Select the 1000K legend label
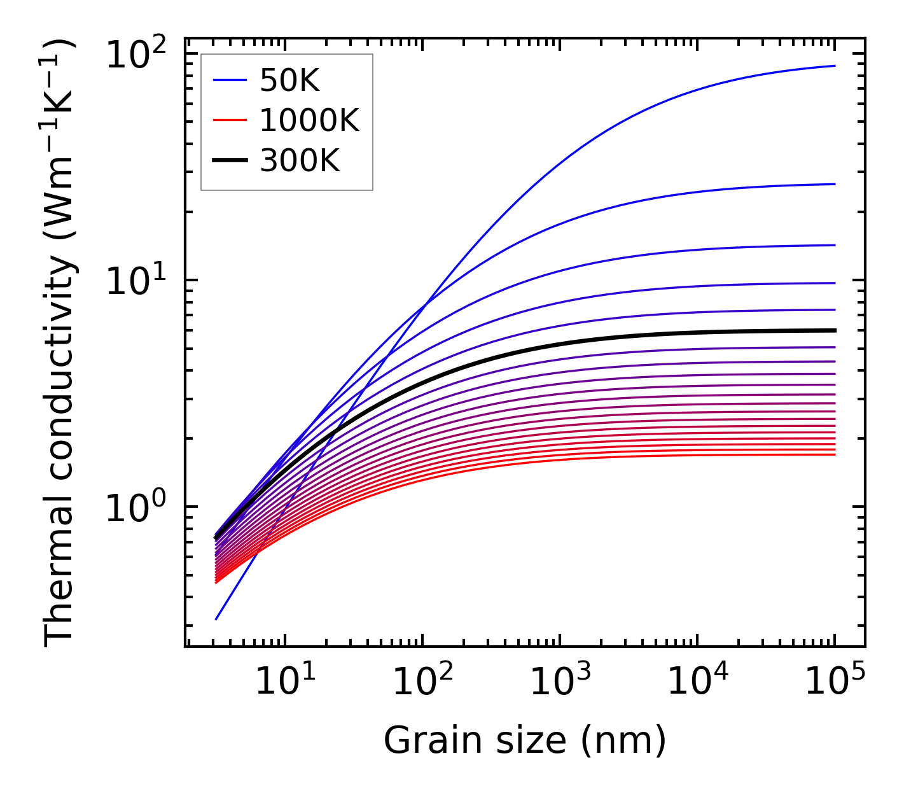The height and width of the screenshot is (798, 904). (309, 120)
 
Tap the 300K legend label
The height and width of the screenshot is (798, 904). (300, 161)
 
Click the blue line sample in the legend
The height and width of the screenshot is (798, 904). (229, 80)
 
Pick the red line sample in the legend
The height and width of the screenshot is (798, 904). (229, 120)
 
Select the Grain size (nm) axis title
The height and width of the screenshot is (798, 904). (525, 740)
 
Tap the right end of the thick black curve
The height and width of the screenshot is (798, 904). (834, 330)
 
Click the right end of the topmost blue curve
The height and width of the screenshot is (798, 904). (834, 66)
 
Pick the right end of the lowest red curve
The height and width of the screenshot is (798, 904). (834, 454)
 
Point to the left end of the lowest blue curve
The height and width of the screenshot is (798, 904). (216, 619)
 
